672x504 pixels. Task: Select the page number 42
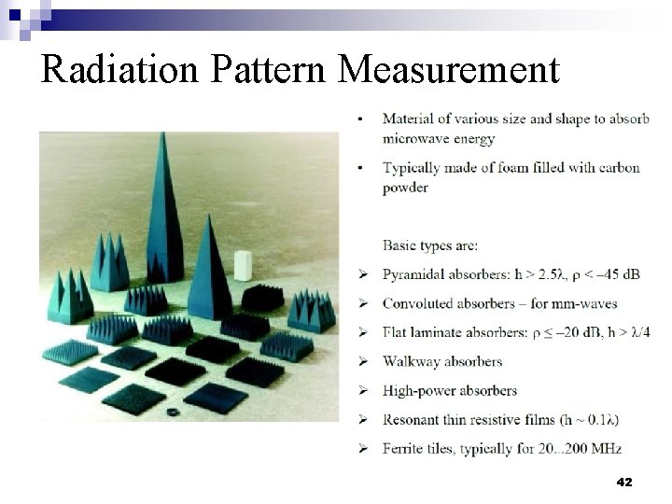point(624,483)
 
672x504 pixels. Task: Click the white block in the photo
point(243,265)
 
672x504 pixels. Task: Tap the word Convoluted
point(415,303)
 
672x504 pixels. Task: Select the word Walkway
point(409,361)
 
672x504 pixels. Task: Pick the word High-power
point(416,390)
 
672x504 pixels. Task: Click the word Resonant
point(412,419)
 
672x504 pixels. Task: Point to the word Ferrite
point(403,448)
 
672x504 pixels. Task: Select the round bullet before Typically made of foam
point(360,167)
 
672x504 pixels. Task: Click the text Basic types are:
point(430,245)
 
